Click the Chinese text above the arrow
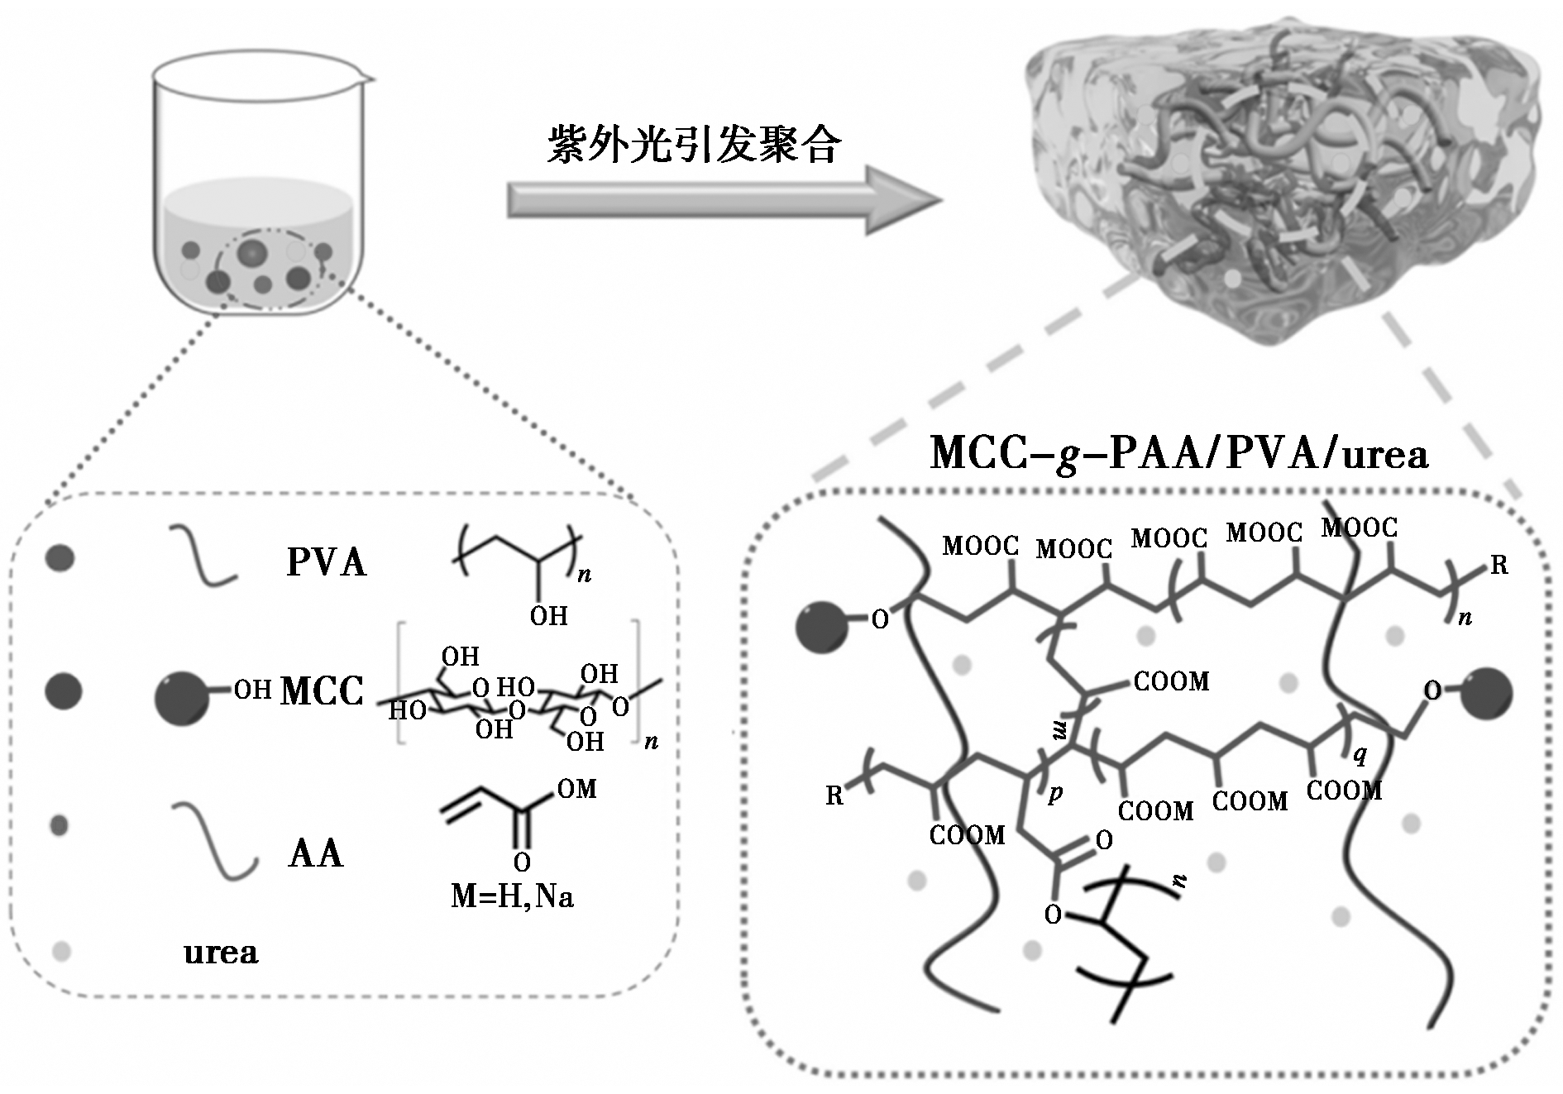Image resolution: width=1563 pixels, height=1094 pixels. click(x=694, y=146)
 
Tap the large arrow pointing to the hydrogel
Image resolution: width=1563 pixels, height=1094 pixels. click(x=724, y=199)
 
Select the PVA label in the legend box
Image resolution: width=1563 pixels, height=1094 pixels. click(x=326, y=562)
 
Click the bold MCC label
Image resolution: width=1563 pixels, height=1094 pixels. click(x=322, y=691)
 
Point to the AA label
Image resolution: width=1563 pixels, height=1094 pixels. click(x=315, y=853)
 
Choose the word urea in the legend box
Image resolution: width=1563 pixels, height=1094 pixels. click(x=221, y=953)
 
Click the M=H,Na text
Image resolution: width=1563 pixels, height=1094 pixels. click(x=512, y=896)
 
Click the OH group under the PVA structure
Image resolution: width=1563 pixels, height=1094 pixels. click(x=548, y=616)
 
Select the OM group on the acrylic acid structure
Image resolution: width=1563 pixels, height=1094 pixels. click(x=576, y=789)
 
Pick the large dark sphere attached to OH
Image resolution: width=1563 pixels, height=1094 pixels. click(x=182, y=699)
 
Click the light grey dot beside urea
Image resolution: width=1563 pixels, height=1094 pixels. click(x=61, y=951)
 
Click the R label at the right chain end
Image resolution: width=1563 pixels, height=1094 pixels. click(x=1499, y=566)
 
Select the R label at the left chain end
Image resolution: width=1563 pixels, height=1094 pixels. click(x=834, y=795)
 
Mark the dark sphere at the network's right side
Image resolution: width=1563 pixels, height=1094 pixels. click(x=1487, y=693)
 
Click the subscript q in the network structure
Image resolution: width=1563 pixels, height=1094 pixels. click(x=1359, y=754)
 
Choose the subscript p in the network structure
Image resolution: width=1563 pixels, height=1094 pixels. click(x=1055, y=792)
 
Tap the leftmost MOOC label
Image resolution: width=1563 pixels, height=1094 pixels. click(x=980, y=546)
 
